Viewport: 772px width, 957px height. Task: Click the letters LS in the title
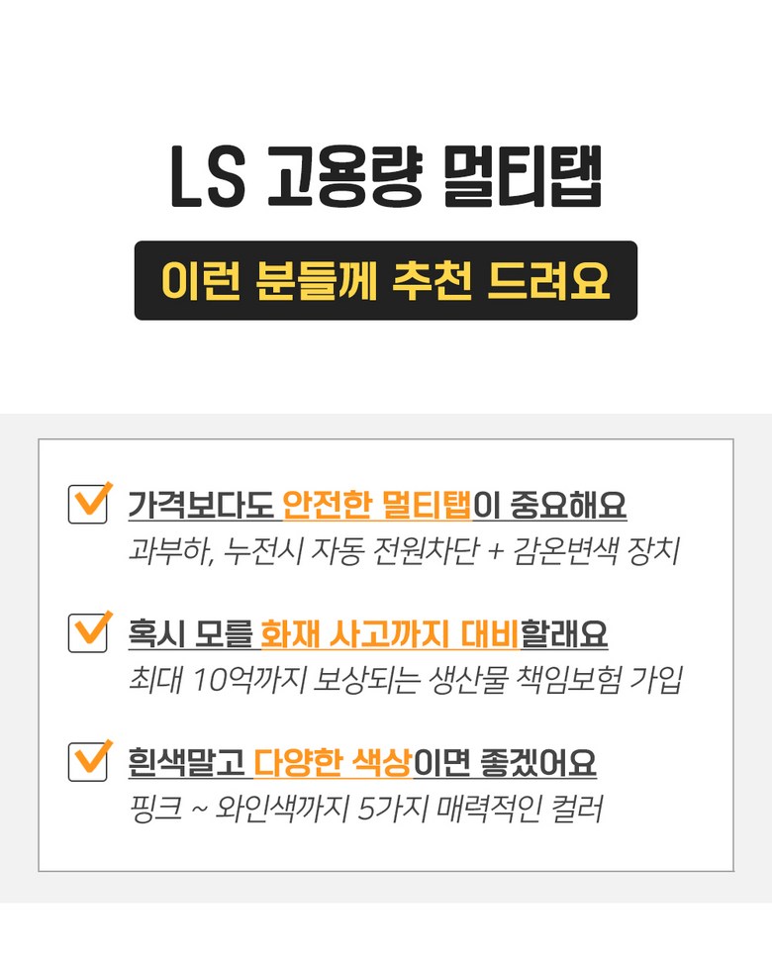[207, 181]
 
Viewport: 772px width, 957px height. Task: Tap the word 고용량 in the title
[343, 181]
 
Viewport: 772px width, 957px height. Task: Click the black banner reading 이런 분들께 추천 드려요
[386, 280]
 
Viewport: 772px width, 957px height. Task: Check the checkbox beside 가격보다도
[88, 503]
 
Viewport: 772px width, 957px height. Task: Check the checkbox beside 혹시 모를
[88, 631]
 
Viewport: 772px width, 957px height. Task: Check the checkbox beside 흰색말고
[88, 760]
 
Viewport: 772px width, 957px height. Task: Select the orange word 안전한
[327, 506]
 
